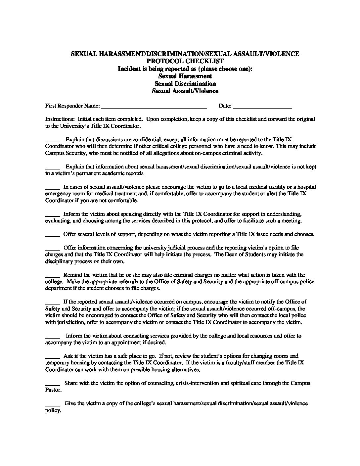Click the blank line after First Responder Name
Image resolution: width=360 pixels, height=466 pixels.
tap(154, 107)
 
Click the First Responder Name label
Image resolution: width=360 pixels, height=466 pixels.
tap(72, 106)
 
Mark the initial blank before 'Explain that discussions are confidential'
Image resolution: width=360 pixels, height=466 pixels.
tap(52, 140)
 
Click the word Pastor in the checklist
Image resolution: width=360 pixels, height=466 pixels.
tap(53, 390)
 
